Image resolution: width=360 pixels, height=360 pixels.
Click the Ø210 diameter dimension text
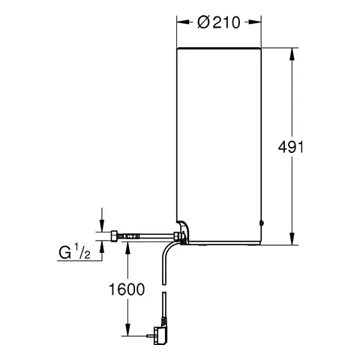(219, 22)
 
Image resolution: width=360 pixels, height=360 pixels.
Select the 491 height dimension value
(291, 147)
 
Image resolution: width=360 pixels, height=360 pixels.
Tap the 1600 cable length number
(127, 289)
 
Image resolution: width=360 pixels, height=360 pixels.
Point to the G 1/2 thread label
(74, 253)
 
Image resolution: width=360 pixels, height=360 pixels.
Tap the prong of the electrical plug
(150, 336)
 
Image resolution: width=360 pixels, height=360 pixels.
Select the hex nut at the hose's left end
(114, 236)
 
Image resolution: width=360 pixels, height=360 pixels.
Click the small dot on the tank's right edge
(262, 223)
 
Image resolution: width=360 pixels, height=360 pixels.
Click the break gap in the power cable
(163, 288)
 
